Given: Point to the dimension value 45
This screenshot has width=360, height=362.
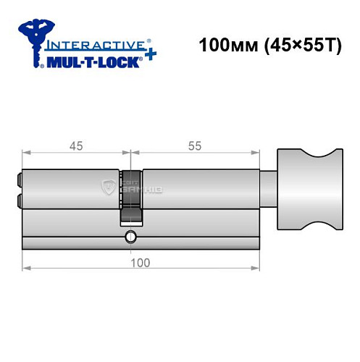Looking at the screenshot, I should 75,146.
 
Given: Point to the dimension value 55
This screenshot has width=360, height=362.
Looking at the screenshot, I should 193,146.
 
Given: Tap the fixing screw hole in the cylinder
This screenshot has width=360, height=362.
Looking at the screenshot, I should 130,236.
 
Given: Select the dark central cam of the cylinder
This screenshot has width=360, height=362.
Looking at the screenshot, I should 130,195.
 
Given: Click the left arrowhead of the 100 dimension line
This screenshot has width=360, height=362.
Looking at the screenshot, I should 25,269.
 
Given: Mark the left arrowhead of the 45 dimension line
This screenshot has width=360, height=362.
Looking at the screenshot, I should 25,153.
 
